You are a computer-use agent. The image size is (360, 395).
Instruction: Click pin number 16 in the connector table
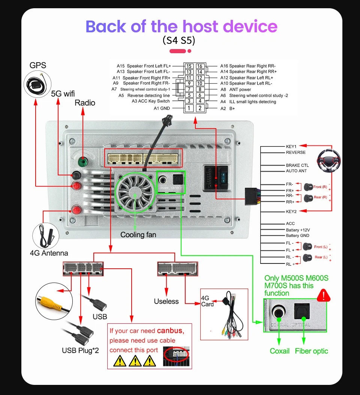200,66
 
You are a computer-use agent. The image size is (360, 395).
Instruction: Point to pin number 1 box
189,108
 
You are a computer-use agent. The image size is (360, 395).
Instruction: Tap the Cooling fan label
138,235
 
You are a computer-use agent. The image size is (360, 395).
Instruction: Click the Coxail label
280,351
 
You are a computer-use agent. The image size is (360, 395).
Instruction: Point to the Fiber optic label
311,351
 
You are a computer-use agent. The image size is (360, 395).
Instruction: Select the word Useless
166,301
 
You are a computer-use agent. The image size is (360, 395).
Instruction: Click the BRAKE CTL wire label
297,165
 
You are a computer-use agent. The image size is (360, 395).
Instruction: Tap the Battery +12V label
298,230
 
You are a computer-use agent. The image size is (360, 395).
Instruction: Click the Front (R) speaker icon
309,186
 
